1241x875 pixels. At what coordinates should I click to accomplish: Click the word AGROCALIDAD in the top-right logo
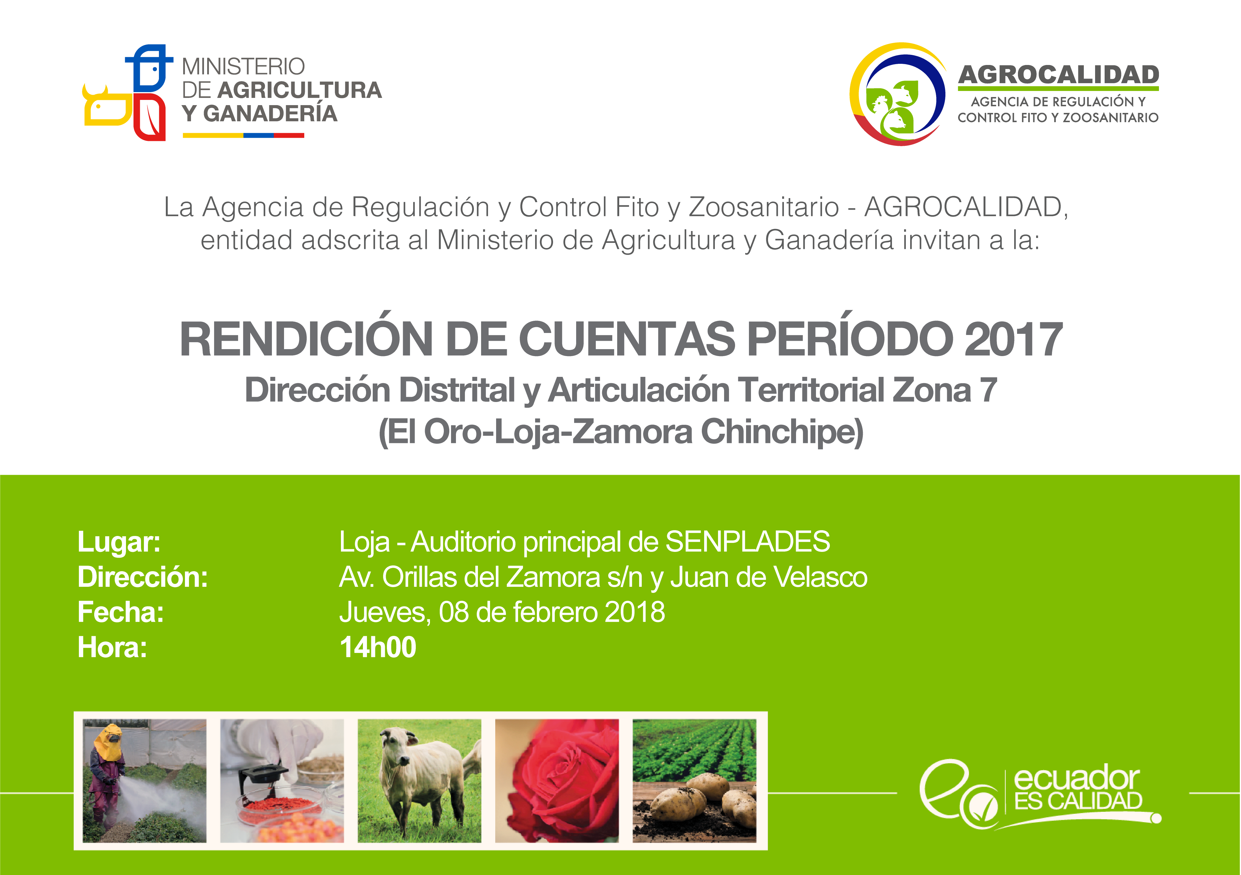[x=1058, y=75]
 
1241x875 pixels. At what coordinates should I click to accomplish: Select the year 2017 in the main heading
[x=1013, y=339]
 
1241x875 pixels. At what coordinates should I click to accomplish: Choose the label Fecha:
[x=120, y=612]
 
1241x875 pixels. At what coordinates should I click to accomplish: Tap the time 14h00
[x=378, y=647]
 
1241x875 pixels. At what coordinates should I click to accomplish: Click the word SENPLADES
[x=747, y=542]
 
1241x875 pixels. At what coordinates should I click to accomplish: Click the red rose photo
[x=557, y=781]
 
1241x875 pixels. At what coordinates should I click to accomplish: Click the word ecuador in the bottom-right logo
[x=1077, y=778]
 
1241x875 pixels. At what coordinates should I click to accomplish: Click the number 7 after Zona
[x=988, y=390]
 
